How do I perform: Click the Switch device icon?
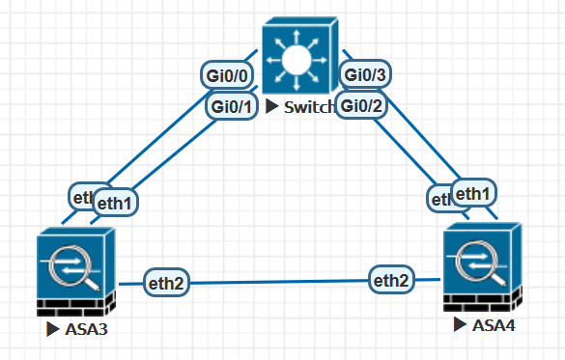coord(299,58)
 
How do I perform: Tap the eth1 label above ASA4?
coord(473,193)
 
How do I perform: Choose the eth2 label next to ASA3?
coord(166,283)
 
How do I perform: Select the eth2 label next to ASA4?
coord(392,281)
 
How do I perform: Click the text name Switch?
coord(309,106)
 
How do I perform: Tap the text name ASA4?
coord(494,324)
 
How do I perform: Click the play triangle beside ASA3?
coord(53,330)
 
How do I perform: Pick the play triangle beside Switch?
coord(273,106)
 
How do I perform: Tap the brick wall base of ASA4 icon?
coord(482,301)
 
